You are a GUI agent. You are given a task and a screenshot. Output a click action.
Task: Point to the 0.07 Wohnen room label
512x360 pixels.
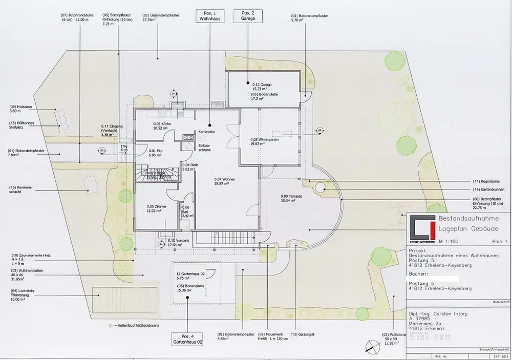(x=225, y=181)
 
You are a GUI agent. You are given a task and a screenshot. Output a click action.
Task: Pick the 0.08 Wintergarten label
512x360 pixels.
(x=264, y=141)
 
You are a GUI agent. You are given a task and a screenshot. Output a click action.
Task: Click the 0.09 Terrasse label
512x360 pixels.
(x=292, y=199)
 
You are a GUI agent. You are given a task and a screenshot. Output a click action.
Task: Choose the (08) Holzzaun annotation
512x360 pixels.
(x=15, y=108)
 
